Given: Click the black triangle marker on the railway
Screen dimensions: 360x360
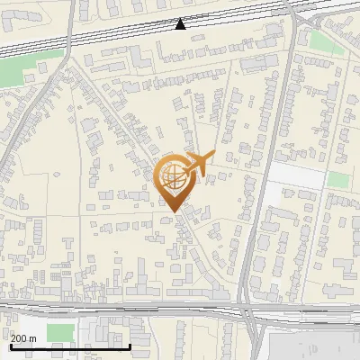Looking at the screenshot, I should pyautogui.click(x=181, y=24).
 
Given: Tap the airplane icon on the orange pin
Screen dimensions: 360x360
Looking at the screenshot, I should pyautogui.click(x=198, y=164).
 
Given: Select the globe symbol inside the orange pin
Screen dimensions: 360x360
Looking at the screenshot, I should pyautogui.click(x=171, y=175).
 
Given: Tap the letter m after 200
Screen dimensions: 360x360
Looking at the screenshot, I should pyautogui.click(x=32, y=338).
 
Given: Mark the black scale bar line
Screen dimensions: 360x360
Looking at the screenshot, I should pyautogui.click(x=70, y=346).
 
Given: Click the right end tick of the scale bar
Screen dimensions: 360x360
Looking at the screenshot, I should pyautogui.click(x=130, y=346).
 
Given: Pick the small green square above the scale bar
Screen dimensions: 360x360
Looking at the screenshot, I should pyautogui.click(x=59, y=332).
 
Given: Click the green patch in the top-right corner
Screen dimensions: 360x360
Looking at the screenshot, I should pyautogui.click(x=321, y=41).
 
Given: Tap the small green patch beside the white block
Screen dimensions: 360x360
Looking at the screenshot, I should pyautogui.click(x=337, y=180).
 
